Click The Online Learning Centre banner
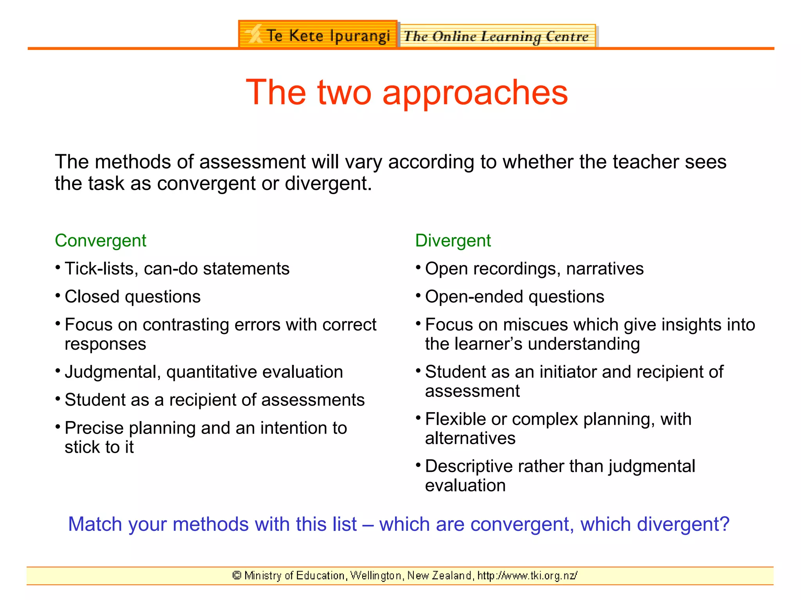[497, 36]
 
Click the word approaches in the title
[475, 93]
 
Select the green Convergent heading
[101, 241]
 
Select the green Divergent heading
[453, 241]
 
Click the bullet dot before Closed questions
[57, 296]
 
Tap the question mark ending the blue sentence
[725, 524]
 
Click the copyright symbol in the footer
[237, 575]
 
